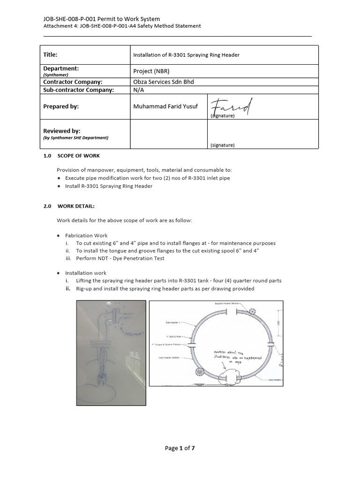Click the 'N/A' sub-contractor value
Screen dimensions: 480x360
[x=139, y=90]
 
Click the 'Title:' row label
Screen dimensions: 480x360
[x=50, y=55]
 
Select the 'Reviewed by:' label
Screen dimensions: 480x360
[x=62, y=131]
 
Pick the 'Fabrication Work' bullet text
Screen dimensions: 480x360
[x=86, y=236]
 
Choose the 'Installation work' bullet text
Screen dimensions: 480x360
[x=86, y=273]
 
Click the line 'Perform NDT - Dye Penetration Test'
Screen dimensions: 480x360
[x=120, y=258]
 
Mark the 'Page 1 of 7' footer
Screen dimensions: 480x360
[x=180, y=448]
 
